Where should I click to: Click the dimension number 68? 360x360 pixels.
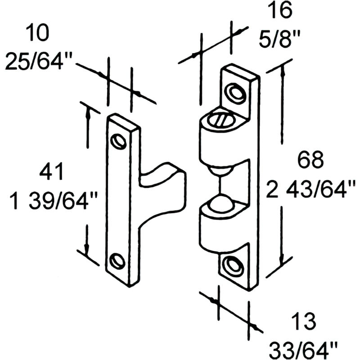pos(310,160)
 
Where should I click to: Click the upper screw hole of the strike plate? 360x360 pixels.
pos(119,141)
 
